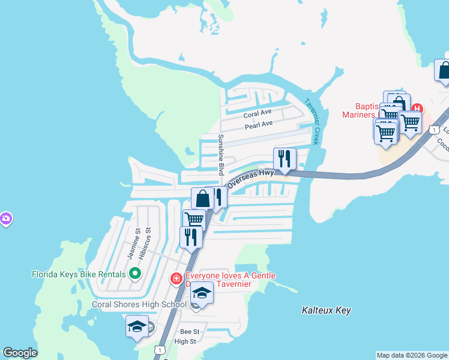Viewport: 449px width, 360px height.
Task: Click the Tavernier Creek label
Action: (315, 121)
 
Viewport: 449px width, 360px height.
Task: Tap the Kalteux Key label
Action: (326, 310)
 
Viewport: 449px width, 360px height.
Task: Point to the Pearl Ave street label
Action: (259, 125)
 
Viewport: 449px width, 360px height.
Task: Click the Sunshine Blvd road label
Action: (221, 155)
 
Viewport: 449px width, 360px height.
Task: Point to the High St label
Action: (185, 341)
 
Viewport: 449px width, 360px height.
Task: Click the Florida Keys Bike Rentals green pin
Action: (135, 274)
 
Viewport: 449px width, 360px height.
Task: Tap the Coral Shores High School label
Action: (139, 304)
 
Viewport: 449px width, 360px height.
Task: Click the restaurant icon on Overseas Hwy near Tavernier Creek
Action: (284, 159)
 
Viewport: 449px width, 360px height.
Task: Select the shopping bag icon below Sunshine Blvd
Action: (203, 199)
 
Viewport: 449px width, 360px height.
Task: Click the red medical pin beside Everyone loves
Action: (176, 278)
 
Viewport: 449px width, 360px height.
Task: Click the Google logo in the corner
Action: (20, 353)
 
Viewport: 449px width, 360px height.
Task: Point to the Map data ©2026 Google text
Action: (412, 355)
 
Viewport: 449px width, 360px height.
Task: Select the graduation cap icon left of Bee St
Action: (137, 328)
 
